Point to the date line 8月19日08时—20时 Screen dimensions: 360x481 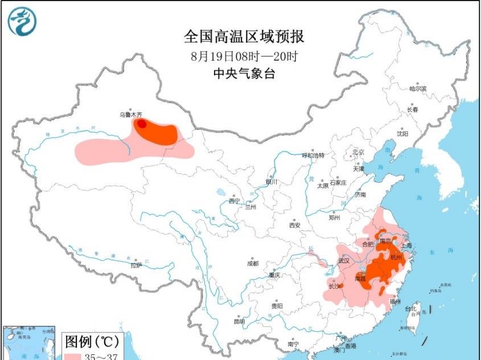pyautogui.click(x=243, y=56)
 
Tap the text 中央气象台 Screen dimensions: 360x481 pyautogui.click(x=243, y=73)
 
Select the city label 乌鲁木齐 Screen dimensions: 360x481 pyautogui.click(x=130, y=114)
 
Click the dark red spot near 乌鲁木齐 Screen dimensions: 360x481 pyautogui.click(x=141, y=122)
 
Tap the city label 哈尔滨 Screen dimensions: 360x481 pyautogui.click(x=418, y=88)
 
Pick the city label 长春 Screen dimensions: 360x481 pyautogui.click(x=412, y=109)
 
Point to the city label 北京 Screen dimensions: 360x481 pyautogui.click(x=358, y=152)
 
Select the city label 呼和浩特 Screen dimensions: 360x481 pyautogui.click(x=313, y=155)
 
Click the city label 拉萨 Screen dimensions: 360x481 pyautogui.click(x=135, y=265)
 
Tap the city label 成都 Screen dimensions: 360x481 pyautogui.click(x=252, y=263)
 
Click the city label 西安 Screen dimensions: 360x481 pyautogui.click(x=294, y=225)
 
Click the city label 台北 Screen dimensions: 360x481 pyautogui.click(x=410, y=308)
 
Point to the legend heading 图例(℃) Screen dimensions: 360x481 pyautogui.click(x=91, y=342)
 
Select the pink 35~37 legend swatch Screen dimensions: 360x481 pyautogui.click(x=72, y=357)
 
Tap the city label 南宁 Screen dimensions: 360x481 pyautogui.click(x=293, y=344)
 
